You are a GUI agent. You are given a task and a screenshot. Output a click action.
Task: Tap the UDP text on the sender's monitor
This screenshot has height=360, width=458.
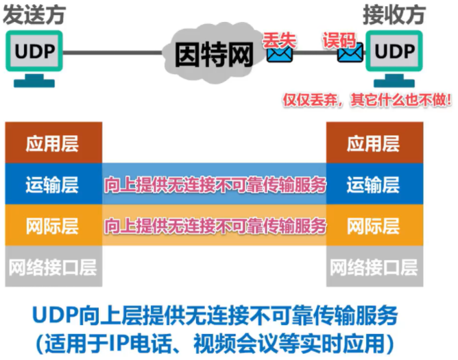coord(35,51)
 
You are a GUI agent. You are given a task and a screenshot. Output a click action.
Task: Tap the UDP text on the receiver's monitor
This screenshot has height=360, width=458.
coord(395,51)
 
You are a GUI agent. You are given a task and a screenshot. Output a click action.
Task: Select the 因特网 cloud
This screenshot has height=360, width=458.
coord(214,53)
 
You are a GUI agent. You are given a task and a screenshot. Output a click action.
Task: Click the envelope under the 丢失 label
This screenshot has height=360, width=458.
coord(280,54)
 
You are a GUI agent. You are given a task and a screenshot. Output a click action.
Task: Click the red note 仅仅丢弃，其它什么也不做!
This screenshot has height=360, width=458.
coord(367,100)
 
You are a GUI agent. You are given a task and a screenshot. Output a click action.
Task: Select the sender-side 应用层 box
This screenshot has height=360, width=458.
coord(53,143)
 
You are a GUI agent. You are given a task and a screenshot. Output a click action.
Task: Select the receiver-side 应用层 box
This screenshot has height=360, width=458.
coord(375,143)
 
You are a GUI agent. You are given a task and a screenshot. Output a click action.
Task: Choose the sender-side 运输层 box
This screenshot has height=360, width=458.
coord(53,184)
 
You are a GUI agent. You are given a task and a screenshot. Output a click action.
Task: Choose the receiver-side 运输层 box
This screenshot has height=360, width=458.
coord(375,184)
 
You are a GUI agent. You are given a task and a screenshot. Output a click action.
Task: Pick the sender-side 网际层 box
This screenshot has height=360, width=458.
coord(53,225)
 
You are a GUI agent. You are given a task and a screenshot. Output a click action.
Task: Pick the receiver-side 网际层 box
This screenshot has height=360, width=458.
coord(375,225)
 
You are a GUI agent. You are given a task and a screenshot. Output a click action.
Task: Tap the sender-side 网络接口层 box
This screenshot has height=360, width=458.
coord(53,266)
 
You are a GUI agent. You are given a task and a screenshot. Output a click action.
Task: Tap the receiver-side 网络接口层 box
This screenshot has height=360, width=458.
coord(375,266)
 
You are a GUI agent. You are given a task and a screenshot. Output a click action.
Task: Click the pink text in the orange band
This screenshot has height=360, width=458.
coord(215,226)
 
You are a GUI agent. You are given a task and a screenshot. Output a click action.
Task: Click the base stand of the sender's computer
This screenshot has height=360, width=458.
coord(34,81)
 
